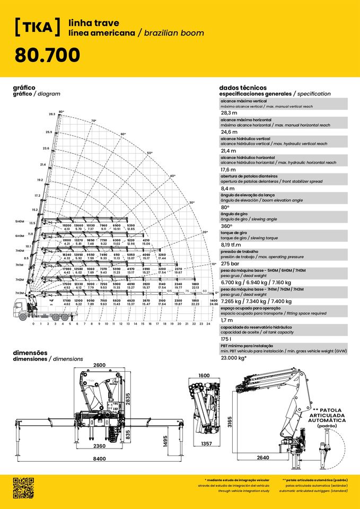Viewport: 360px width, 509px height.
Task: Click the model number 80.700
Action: pos(47,54)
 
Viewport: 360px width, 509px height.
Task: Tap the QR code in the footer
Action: pos(23,488)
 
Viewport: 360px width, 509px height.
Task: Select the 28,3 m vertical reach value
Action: pos(229,113)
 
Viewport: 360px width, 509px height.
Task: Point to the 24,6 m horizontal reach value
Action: pos(229,132)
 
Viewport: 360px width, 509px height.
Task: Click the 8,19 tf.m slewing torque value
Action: pos(232,245)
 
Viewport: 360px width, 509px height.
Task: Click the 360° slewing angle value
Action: pos(227,226)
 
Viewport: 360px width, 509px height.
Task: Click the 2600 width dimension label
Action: pos(99,365)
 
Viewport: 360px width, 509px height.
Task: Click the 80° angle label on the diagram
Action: pos(62,112)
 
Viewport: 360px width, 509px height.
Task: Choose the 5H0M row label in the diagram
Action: pos(19,221)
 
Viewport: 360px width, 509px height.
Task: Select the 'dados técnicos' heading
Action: pos(242,87)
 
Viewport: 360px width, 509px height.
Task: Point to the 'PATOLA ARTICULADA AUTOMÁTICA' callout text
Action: pos(327,415)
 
